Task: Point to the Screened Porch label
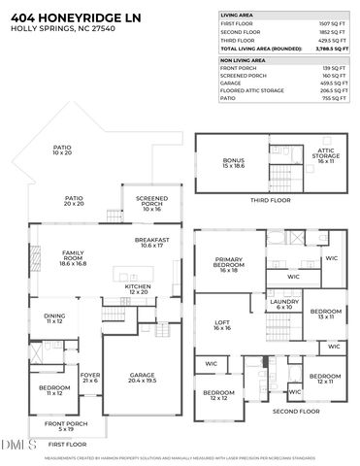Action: [x=150, y=202]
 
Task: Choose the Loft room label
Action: [x=221, y=325]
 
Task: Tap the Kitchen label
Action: [x=136, y=289]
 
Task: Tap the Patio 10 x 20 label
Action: [x=62, y=150]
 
